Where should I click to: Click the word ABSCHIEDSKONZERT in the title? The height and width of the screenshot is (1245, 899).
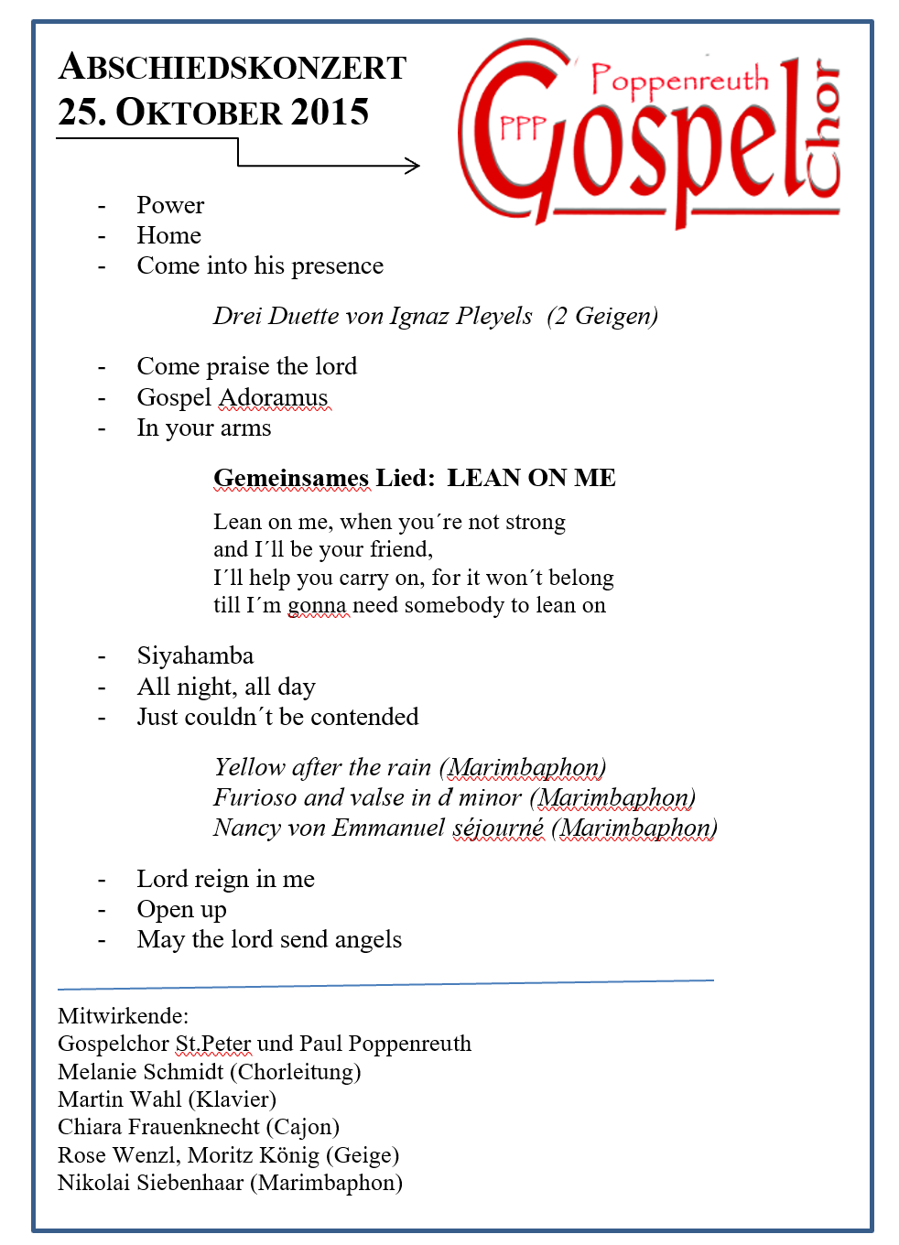point(233,68)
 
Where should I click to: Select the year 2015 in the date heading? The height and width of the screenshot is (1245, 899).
point(330,113)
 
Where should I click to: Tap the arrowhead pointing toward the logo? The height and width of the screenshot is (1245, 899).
point(413,166)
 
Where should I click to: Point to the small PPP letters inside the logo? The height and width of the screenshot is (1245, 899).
point(523,128)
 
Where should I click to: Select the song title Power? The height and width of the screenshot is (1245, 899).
point(170,205)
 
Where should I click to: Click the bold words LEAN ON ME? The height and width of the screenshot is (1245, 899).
point(531,478)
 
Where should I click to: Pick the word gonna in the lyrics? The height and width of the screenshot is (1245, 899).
point(317,605)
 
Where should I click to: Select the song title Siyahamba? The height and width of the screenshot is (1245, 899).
point(195,655)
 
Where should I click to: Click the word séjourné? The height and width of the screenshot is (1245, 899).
point(498,828)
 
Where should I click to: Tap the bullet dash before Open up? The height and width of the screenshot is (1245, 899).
point(102,910)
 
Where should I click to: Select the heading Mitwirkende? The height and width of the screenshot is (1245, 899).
point(123,1016)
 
